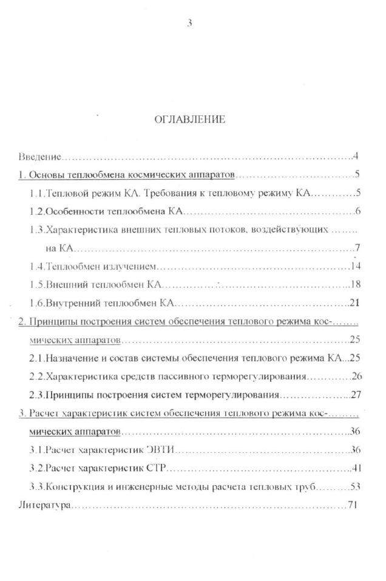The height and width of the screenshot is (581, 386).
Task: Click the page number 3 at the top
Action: (190, 24)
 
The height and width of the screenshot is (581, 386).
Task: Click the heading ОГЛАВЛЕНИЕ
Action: (190, 120)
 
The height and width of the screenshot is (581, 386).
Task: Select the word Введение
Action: (39, 158)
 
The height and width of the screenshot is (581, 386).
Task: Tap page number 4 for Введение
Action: (354, 157)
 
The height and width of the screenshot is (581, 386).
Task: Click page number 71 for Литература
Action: (351, 505)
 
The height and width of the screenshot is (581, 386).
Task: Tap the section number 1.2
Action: (37, 212)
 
